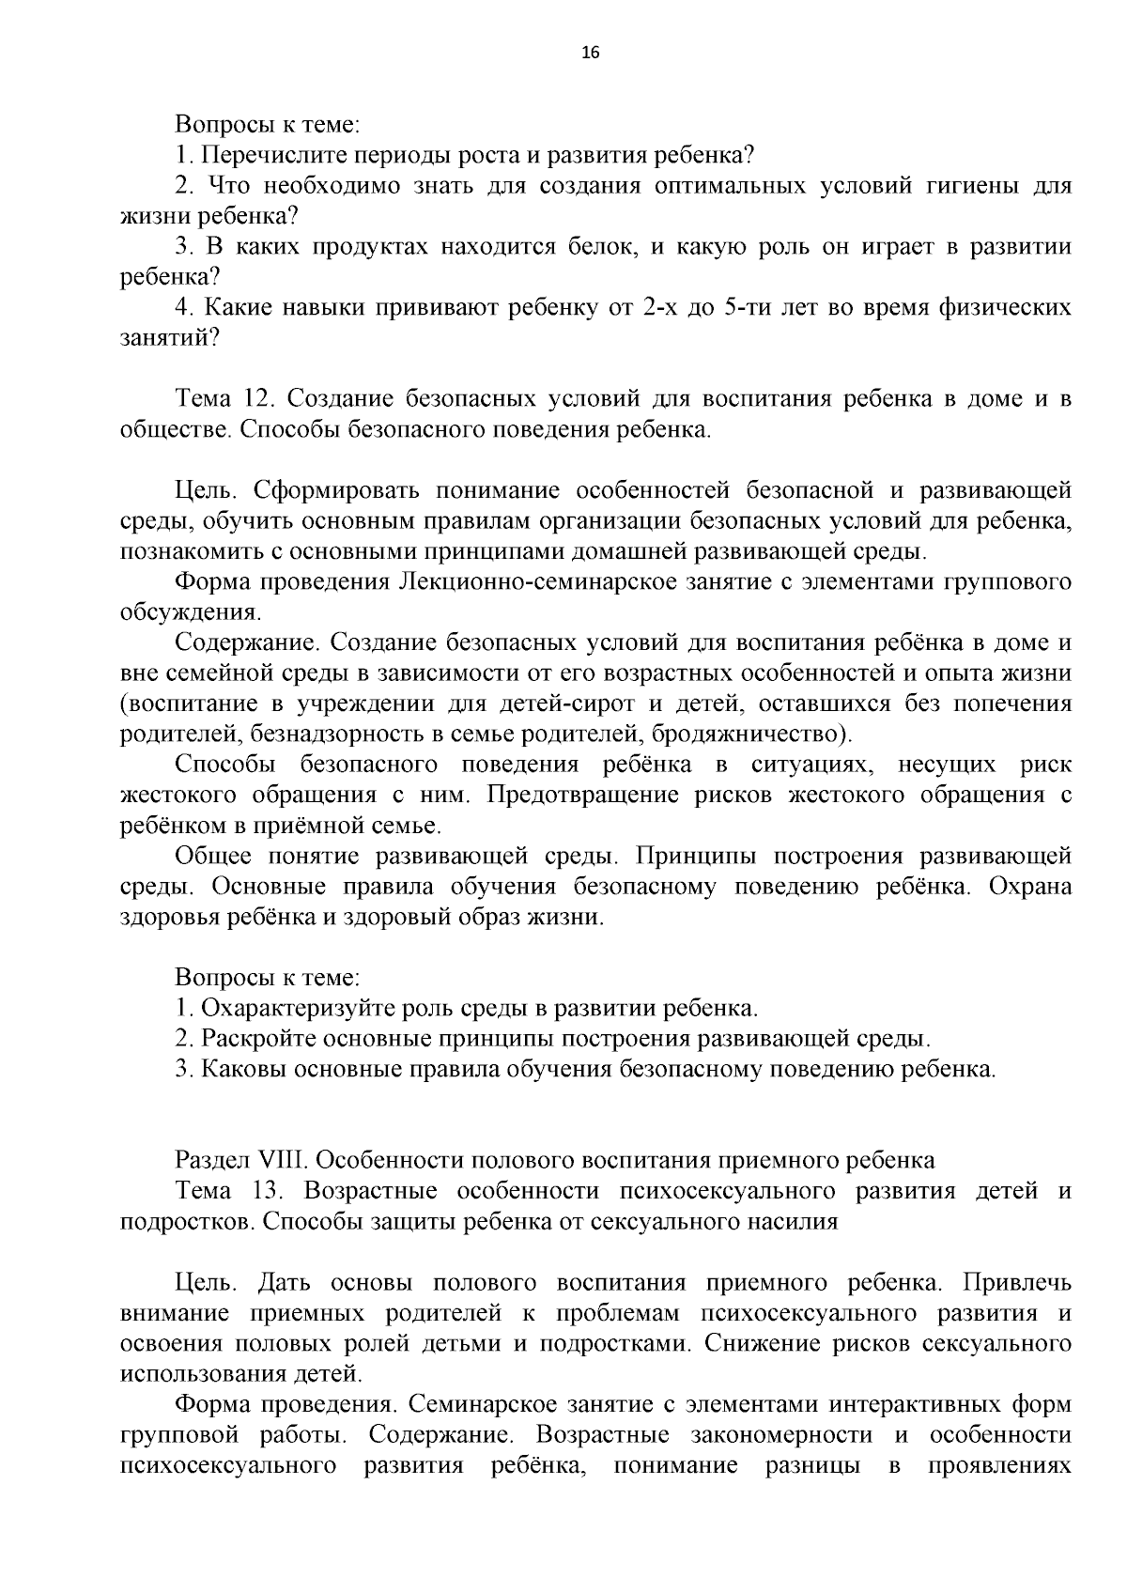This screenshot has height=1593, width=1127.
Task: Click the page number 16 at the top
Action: (591, 52)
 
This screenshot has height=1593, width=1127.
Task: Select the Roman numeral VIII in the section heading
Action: (258, 1160)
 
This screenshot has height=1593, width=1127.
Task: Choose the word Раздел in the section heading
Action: (206, 1160)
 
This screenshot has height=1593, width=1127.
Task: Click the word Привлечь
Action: (1019, 1282)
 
